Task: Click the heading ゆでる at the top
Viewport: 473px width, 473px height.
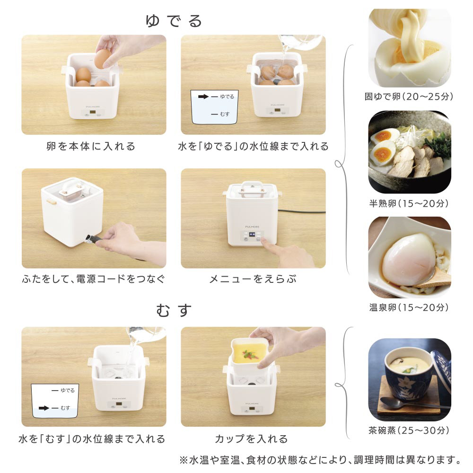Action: [x=174, y=21]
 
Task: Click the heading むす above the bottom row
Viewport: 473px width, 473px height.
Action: [x=174, y=310]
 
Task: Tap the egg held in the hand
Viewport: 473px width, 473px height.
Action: [x=103, y=59]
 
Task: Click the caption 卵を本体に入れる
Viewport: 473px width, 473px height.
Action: [x=91, y=146]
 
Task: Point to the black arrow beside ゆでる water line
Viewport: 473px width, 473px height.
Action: [x=203, y=96]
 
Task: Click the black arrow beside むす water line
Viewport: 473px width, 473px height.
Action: [x=44, y=408]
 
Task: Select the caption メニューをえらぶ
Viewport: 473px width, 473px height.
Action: [x=253, y=279]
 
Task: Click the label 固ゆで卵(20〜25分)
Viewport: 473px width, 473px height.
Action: [x=409, y=96]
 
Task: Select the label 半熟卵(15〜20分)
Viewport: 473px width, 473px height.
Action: [x=409, y=203]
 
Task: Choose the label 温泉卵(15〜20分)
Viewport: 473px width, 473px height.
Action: [x=409, y=307]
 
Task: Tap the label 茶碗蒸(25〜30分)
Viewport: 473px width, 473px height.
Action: [x=409, y=430]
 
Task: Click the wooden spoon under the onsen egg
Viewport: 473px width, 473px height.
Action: [x=434, y=279]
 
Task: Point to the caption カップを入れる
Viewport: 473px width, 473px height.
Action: [x=251, y=439]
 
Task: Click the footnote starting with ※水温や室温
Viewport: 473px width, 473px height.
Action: [x=320, y=460]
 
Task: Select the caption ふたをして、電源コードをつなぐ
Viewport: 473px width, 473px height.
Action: [x=94, y=279]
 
